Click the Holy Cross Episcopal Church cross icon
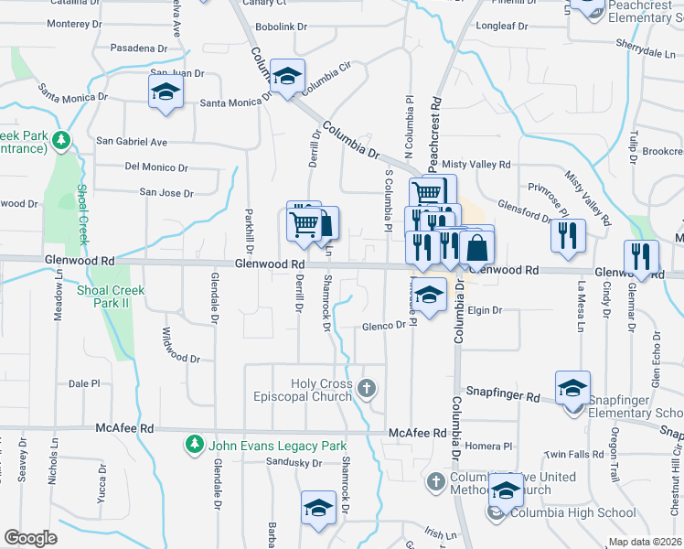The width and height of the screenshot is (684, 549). pyautogui.click(x=367, y=389)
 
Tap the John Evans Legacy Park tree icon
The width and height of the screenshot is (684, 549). pyautogui.click(x=194, y=446)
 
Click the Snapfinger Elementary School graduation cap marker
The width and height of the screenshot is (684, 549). pyautogui.click(x=572, y=389)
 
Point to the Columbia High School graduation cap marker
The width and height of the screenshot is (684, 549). pyautogui.click(x=506, y=490)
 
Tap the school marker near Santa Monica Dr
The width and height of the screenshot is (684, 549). pyautogui.click(x=166, y=91)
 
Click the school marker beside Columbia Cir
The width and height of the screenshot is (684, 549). pyautogui.click(x=288, y=78)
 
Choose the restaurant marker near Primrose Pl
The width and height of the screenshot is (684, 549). pyautogui.click(x=568, y=235)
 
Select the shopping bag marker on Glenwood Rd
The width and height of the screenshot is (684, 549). pyautogui.click(x=477, y=247)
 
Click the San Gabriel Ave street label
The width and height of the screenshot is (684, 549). pyautogui.click(x=133, y=142)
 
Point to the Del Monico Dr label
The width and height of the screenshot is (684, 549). pyautogui.click(x=156, y=167)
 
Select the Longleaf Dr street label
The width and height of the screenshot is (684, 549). pyautogui.click(x=502, y=27)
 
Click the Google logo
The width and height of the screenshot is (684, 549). pyautogui.click(x=30, y=538)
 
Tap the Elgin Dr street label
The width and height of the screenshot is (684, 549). pyautogui.click(x=485, y=310)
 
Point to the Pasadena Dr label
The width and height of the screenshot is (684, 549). pyautogui.click(x=138, y=47)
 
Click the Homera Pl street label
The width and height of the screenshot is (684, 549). pyautogui.click(x=489, y=447)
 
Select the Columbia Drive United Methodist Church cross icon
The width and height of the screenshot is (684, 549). pyautogui.click(x=436, y=479)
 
